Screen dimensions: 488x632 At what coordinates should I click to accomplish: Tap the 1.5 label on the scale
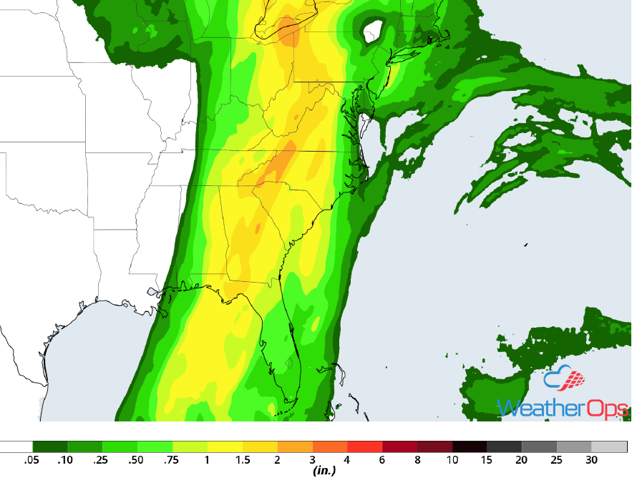(x=242, y=460)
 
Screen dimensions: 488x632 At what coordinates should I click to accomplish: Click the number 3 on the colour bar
(x=312, y=460)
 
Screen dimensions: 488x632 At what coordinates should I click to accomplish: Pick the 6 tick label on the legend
(x=382, y=460)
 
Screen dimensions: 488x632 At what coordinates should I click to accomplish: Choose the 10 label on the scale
(x=452, y=460)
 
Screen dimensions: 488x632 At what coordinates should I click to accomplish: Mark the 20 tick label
(x=522, y=460)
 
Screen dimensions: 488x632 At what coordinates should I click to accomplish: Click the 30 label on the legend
(x=591, y=460)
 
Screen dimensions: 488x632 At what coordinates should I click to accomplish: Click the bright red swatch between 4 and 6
(x=364, y=446)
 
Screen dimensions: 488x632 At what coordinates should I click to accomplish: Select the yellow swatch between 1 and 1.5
(x=225, y=446)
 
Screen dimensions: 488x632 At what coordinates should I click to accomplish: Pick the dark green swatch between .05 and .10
(x=50, y=446)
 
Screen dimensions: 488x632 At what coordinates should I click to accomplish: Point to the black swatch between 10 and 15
(x=470, y=446)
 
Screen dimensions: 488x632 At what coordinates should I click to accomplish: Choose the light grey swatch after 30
(x=609, y=446)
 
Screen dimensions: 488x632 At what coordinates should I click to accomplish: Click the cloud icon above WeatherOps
(x=563, y=379)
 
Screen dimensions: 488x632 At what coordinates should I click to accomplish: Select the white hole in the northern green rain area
(x=373, y=31)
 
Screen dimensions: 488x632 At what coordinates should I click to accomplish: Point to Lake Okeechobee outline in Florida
(x=288, y=363)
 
